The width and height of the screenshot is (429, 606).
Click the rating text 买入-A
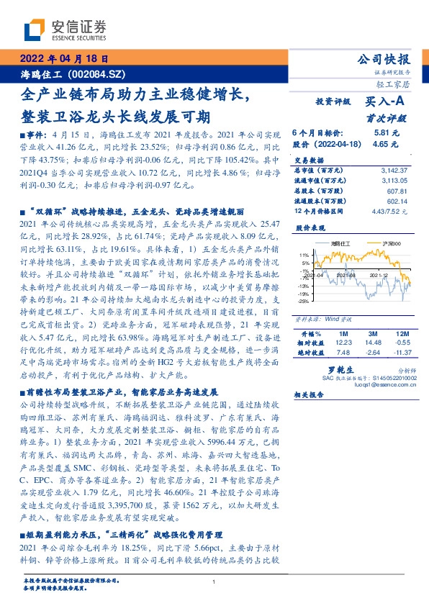pos(381,102)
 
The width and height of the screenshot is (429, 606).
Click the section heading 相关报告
pos(308,396)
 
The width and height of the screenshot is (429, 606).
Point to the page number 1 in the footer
pos(214,582)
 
